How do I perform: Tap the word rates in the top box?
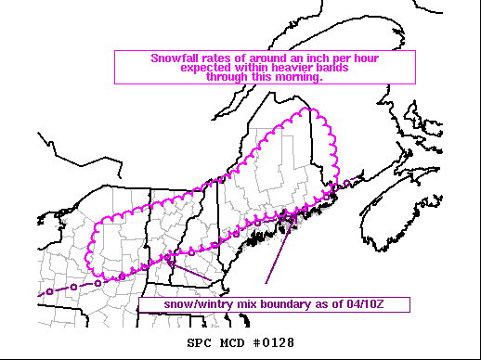[x=213, y=58]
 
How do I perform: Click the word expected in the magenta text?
[x=205, y=68]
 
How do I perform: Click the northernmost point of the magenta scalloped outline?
[x=299, y=110]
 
